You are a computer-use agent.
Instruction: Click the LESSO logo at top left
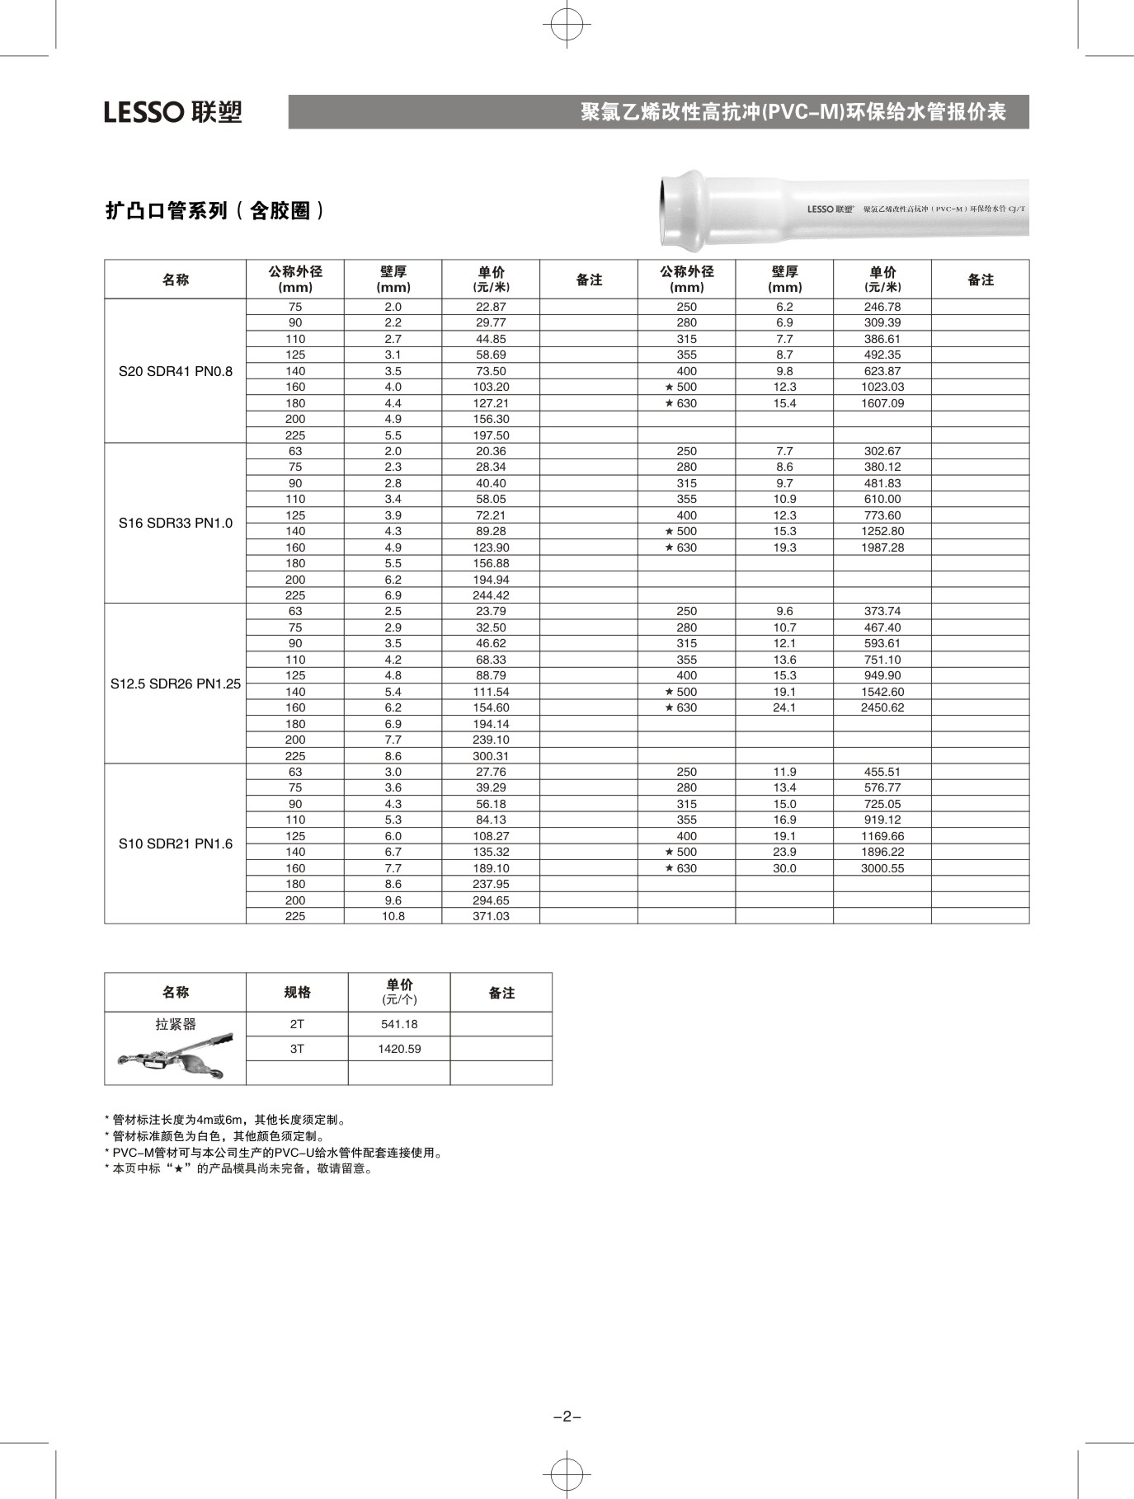173,111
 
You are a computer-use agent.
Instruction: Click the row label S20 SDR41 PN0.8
176,371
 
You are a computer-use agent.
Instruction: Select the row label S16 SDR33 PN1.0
176,523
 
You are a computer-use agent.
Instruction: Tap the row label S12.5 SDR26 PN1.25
176,684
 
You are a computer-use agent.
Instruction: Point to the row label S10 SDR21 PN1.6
176,843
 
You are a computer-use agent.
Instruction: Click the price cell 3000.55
882,868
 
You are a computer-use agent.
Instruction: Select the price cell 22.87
491,307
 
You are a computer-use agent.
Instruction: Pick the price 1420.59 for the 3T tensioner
399,1049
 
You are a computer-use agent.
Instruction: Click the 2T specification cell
297,1024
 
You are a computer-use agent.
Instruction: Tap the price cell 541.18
399,1024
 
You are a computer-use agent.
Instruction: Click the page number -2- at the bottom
567,1417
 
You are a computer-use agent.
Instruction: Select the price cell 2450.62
882,707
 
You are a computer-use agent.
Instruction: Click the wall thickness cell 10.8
393,916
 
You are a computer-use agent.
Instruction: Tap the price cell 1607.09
882,403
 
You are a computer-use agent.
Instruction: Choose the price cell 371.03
491,916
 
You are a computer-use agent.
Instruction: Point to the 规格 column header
297,992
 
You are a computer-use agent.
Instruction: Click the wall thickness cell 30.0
784,868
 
